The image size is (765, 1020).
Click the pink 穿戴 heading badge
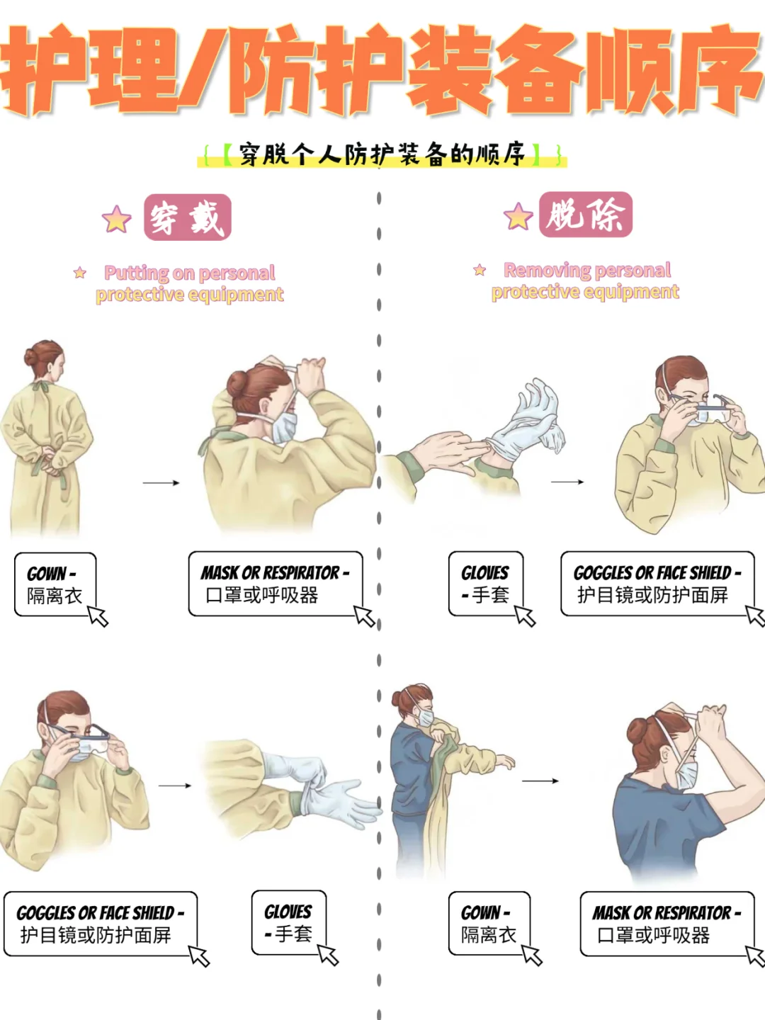pyautogui.click(x=188, y=217)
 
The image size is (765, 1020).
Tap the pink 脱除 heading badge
pyautogui.click(x=585, y=215)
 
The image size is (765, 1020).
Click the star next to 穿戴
pyautogui.click(x=117, y=220)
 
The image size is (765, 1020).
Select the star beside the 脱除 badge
pyautogui.click(x=518, y=216)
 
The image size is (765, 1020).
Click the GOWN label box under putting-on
pyautogui.click(x=55, y=584)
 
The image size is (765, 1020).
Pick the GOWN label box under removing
pyautogui.click(x=489, y=924)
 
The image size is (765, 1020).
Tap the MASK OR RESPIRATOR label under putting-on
pyautogui.click(x=276, y=584)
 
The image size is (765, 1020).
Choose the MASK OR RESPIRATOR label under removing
pyautogui.click(x=667, y=924)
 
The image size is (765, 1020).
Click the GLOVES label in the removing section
pyautogui.click(x=486, y=584)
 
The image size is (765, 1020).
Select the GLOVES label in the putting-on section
pyautogui.click(x=289, y=922)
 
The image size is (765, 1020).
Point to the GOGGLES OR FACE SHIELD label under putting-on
pyautogui.click(x=100, y=924)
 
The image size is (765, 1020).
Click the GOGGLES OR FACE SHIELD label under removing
pyautogui.click(x=657, y=584)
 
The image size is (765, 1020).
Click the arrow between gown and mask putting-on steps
pyautogui.click(x=161, y=483)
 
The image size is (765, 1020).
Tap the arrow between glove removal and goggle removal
pyautogui.click(x=567, y=482)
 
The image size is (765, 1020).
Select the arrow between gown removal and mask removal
pyautogui.click(x=540, y=781)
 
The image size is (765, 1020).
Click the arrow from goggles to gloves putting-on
pyautogui.click(x=175, y=786)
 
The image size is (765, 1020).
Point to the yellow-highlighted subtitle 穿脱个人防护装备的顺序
pyautogui.click(x=382, y=154)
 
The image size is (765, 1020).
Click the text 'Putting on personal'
pyautogui.click(x=190, y=273)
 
